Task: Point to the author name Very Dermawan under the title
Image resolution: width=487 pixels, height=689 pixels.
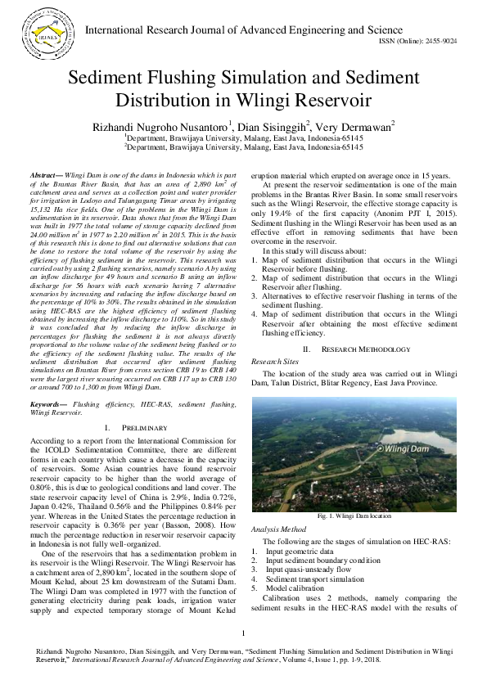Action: pos(356,126)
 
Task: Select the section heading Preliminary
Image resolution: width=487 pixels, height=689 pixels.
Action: pos(145,428)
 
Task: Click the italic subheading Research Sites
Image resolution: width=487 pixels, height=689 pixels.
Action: pos(275,360)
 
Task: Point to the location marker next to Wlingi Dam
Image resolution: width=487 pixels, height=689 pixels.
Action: pos(379,448)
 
